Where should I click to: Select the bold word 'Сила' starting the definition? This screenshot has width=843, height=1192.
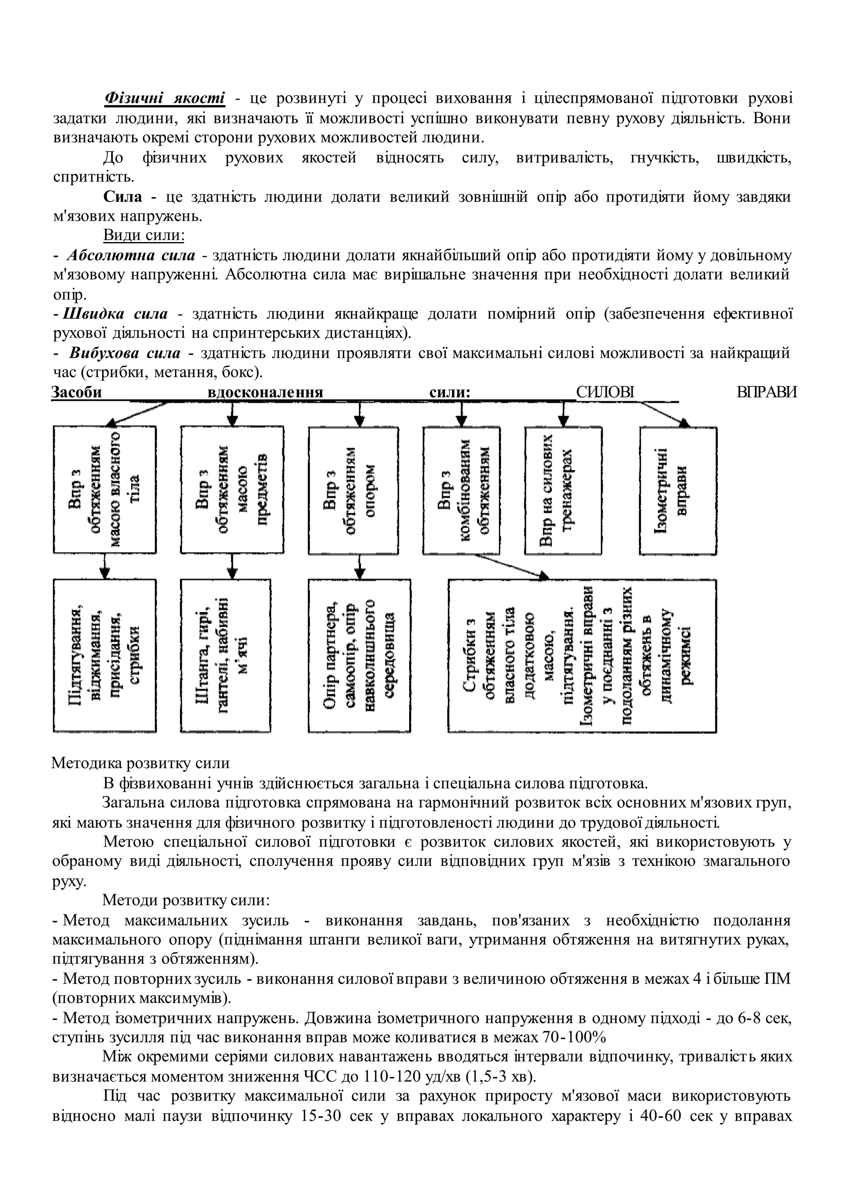pos(123,197)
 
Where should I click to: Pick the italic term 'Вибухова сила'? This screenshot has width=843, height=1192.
pos(125,353)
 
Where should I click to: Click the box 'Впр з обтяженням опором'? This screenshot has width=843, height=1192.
pos(354,489)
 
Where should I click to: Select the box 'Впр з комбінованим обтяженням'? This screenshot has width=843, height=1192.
pos(461,489)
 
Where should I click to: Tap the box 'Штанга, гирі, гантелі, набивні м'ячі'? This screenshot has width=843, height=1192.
pos(225,656)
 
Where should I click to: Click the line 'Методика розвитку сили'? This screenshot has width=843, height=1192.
pos(141,763)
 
